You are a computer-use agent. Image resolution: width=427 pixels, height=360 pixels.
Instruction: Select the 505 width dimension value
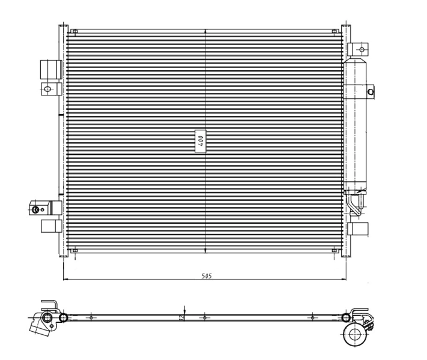coord(206,276)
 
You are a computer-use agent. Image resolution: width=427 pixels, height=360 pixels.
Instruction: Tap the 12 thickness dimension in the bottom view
coord(181,317)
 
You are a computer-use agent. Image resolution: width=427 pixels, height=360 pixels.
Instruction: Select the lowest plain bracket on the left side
coord(50,226)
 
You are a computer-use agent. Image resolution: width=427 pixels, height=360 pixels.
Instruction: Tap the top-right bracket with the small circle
coord(359,49)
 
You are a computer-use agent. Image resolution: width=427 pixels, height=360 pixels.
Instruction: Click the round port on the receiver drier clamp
coord(370,92)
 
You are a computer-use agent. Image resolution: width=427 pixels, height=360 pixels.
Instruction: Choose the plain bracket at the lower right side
coord(358,229)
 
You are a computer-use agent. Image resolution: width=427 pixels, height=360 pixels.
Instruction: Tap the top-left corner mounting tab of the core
coord(74,32)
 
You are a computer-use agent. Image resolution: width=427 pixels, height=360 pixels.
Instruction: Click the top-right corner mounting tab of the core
coord(335,32)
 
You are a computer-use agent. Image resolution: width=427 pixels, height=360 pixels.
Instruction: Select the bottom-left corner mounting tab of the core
coord(74,251)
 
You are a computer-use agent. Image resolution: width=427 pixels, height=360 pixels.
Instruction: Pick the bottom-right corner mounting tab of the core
coord(335,251)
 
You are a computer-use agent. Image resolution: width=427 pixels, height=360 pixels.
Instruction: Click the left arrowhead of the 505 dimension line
coord(65,279)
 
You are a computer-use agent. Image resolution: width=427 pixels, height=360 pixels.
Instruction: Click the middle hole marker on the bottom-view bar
coord(205,317)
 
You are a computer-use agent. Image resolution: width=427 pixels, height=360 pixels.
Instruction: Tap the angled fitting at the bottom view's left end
coord(42,325)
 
